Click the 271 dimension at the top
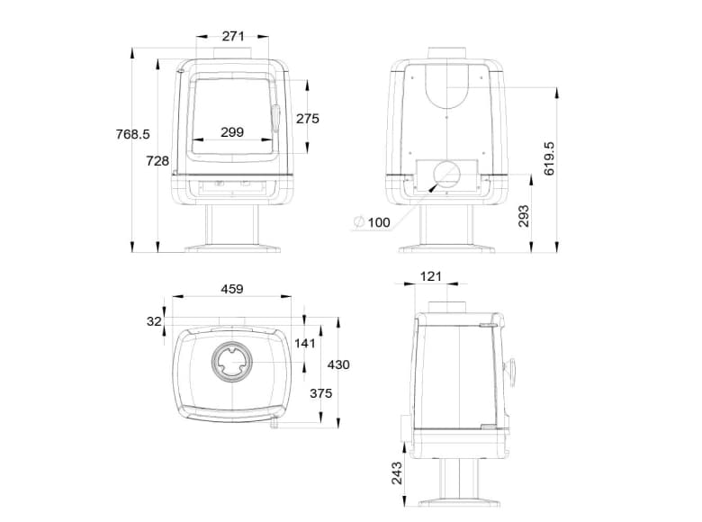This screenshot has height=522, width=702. (x=233, y=37)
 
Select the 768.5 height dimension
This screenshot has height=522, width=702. (x=132, y=134)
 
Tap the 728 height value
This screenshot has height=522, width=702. (x=157, y=161)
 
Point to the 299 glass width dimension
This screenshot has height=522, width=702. (x=231, y=132)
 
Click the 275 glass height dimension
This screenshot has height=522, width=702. (x=308, y=118)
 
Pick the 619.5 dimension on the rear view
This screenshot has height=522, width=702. (x=550, y=157)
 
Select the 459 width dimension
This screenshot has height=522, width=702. (x=233, y=290)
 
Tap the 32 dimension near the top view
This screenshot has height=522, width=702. (x=154, y=321)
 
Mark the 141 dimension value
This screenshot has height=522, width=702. (x=307, y=343)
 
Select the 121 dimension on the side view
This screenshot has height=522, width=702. (x=432, y=277)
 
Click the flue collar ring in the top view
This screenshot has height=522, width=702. (x=232, y=365)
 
